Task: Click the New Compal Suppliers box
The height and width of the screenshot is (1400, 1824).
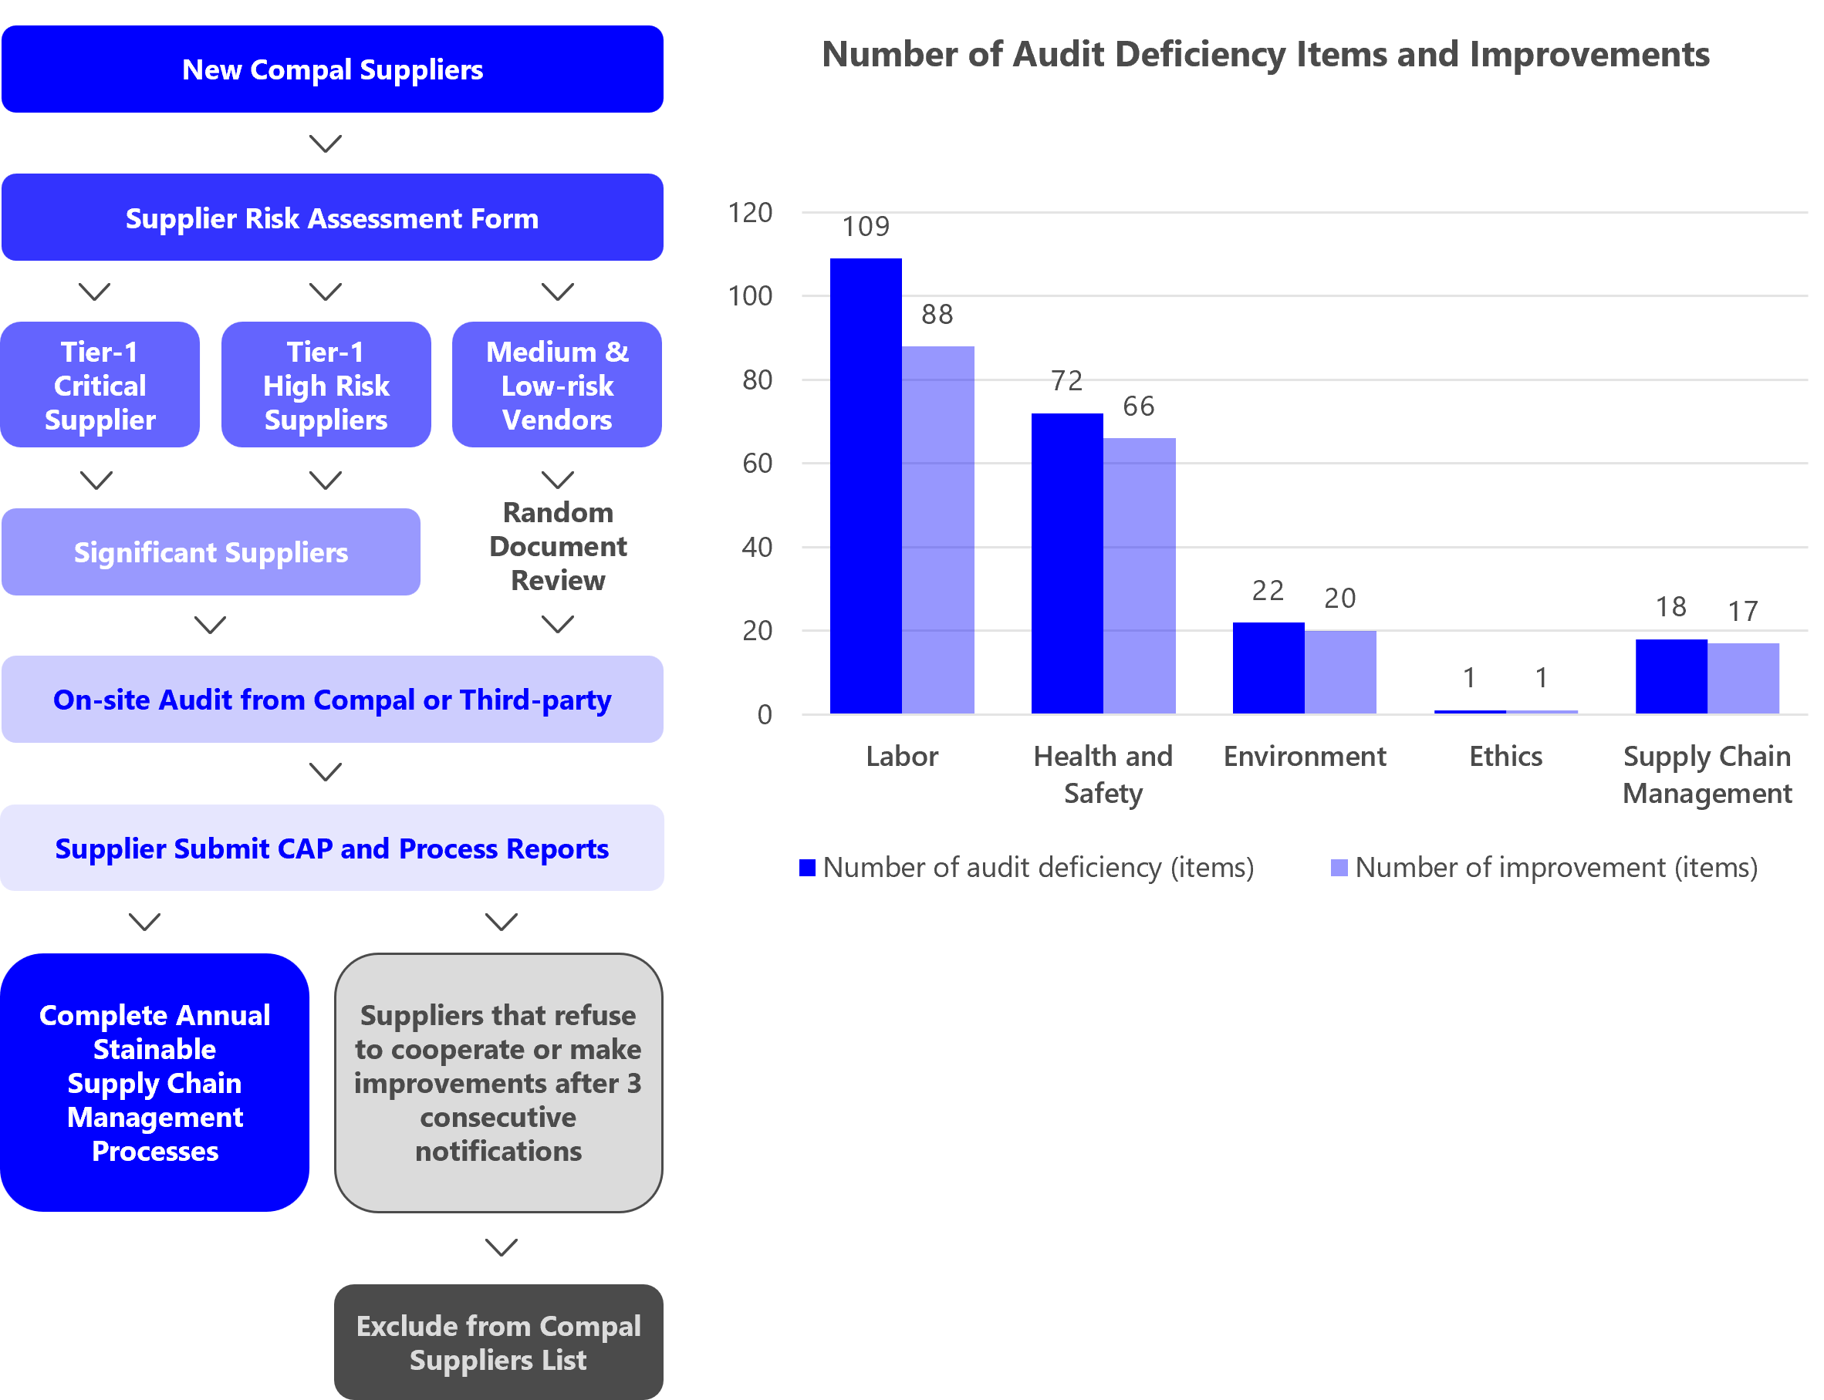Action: click(332, 69)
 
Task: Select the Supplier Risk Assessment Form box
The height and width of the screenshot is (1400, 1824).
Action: click(332, 218)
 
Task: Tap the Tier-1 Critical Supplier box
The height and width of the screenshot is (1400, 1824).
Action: click(100, 385)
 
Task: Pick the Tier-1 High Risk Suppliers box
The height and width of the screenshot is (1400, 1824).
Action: click(326, 385)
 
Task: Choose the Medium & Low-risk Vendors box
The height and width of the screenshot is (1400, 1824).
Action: click(557, 385)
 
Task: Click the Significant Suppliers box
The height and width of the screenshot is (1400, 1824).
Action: click(211, 552)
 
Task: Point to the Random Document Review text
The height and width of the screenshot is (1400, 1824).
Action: click(558, 546)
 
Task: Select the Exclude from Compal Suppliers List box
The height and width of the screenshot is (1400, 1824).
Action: click(498, 1341)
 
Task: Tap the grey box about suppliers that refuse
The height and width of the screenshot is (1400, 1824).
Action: click(498, 1082)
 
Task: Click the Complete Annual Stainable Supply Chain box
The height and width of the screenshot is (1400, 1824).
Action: click(155, 1082)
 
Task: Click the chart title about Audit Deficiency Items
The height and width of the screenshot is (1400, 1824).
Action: click(1265, 54)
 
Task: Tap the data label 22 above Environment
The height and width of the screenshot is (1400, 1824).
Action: click(1267, 591)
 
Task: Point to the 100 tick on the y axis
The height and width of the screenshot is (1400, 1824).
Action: click(750, 296)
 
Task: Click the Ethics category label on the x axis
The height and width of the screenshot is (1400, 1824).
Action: click(1505, 756)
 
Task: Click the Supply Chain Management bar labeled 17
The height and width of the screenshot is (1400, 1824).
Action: click(1743, 678)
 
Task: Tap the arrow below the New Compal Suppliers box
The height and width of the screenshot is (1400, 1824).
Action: click(325, 143)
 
